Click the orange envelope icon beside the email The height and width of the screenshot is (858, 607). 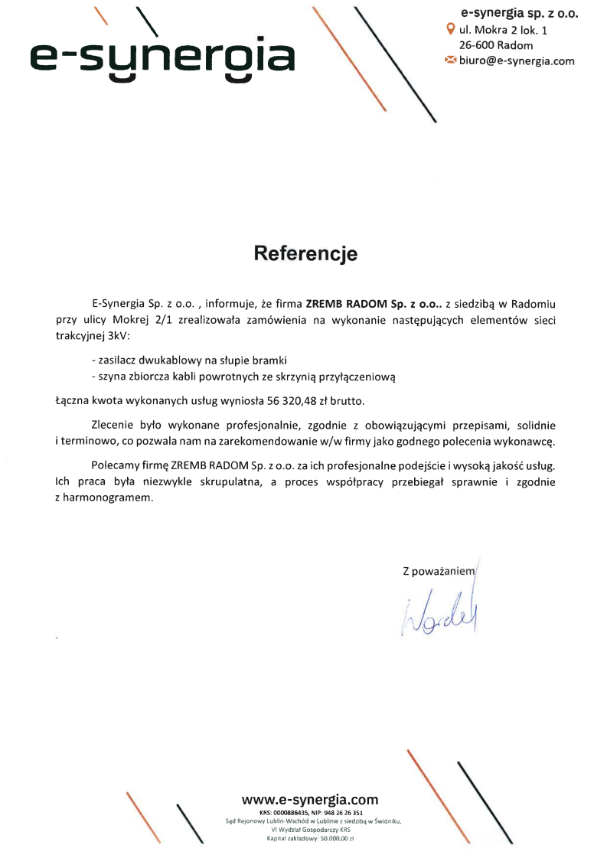tap(450, 60)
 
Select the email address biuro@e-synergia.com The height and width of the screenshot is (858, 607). tap(516, 60)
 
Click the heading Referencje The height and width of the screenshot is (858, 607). tap(305, 253)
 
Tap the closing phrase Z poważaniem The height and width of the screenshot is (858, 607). tap(438, 571)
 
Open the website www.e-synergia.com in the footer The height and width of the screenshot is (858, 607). tap(310, 800)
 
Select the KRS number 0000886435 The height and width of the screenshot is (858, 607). tap(290, 812)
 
